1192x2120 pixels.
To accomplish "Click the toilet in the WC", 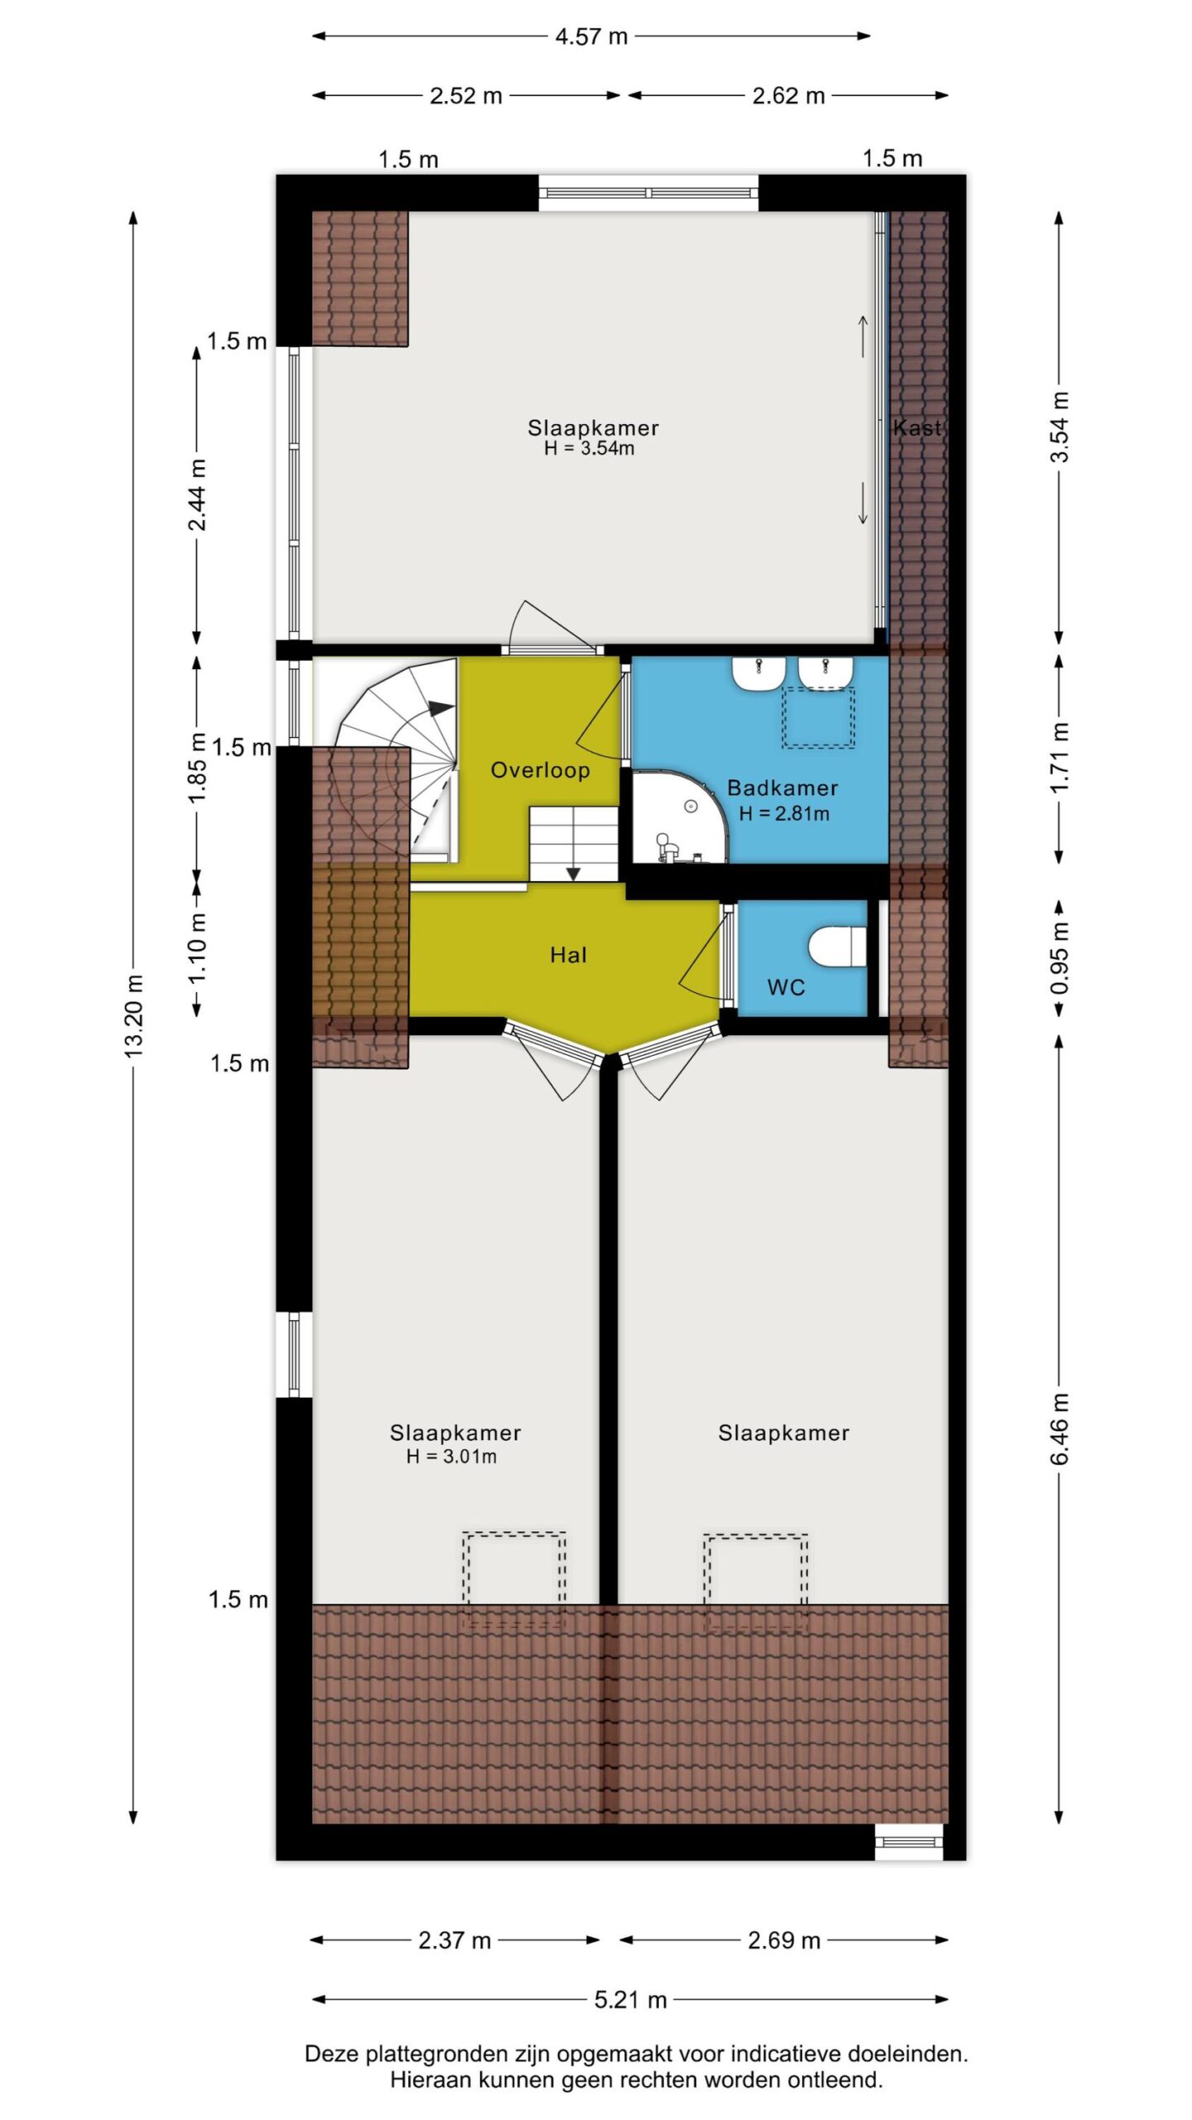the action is point(836,947).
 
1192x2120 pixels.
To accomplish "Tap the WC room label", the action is point(786,987).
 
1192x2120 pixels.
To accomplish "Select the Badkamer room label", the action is point(782,788).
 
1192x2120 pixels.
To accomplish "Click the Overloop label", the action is point(540,770).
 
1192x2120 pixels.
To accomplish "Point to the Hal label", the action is point(568,955).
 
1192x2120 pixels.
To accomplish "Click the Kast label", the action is point(917,427).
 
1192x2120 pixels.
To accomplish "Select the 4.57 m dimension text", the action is point(591,36).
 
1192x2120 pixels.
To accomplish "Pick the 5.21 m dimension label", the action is point(630,2000).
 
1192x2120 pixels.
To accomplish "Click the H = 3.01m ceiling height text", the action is point(451,1457).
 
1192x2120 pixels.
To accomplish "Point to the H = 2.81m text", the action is point(783,813).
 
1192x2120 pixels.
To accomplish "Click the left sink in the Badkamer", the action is point(758,673).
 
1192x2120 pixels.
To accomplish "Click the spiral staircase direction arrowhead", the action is point(441,709).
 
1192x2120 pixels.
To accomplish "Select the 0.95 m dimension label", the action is point(1060,958).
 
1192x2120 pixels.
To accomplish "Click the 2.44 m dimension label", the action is point(197,494).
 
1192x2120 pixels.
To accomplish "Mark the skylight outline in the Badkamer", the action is point(819,717).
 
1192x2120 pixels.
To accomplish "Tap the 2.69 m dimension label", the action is point(784,1940).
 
